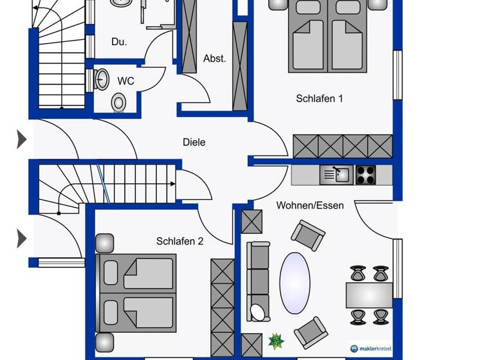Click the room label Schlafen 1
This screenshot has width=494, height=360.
[319, 98]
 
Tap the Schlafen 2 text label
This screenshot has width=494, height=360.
[179, 241]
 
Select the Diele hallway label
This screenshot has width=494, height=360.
[194, 142]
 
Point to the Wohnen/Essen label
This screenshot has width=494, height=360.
[310, 206]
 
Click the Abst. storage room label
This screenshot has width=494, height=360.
[214, 59]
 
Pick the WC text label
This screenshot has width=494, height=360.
[125, 82]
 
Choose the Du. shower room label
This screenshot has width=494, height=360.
[119, 42]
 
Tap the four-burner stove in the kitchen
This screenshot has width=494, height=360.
[366, 174]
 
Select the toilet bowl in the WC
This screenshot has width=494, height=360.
[118, 102]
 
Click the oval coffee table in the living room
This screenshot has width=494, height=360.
[295, 283]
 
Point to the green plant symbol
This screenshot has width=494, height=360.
[276, 340]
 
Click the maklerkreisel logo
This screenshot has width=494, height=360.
[370, 348]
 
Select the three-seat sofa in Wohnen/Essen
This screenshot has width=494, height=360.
[258, 276]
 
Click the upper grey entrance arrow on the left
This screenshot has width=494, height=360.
[21, 138]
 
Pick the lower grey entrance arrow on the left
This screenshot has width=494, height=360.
[21, 239]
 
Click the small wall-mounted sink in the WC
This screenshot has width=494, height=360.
[101, 79]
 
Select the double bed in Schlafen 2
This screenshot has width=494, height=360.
[136, 293]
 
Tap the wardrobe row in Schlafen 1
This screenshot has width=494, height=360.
[342, 146]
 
